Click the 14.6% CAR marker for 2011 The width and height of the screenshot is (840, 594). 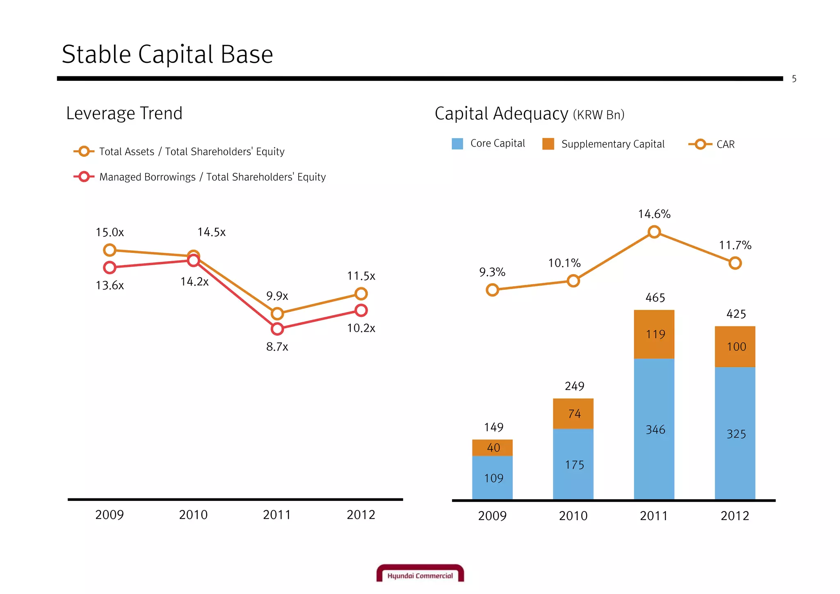pos(654,232)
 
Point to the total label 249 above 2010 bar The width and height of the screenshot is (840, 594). pos(574,386)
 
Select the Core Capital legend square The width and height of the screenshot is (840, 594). pos(457,144)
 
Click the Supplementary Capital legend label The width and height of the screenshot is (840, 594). pos(613,144)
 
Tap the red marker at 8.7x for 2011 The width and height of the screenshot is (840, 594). pos(277,329)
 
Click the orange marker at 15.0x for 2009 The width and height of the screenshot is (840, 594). pos(110,250)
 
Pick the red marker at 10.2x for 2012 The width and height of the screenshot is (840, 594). pos(361,310)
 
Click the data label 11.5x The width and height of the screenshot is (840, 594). pos(361,276)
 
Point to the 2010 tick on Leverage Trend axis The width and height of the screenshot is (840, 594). pos(193,515)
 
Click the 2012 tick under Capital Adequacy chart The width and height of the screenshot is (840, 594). pos(735,516)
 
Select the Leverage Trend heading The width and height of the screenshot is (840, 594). pos(124,113)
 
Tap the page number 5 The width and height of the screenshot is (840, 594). pos(794,79)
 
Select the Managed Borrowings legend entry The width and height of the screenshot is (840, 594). pos(200,177)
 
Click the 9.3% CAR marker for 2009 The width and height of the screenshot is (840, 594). pos(492,290)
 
